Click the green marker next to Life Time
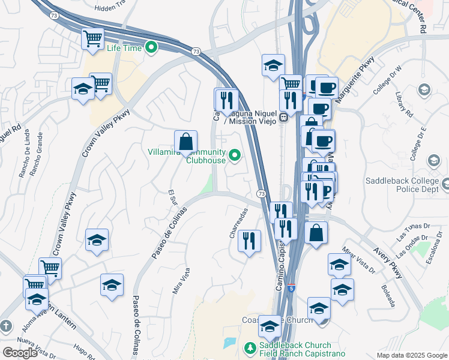151,47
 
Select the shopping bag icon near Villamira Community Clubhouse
186,143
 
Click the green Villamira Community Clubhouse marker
235,156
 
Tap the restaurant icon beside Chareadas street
249,241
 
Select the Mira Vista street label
181,281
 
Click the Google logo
20,353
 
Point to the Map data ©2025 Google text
412,355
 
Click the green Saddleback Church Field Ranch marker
250,347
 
